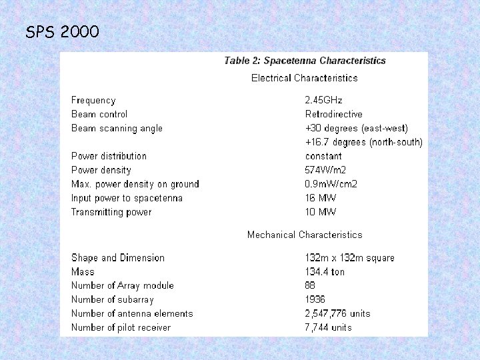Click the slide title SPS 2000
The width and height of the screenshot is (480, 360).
(x=62, y=31)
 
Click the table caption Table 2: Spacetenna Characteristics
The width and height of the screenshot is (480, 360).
(x=305, y=61)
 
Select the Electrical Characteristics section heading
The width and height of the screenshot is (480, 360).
(x=304, y=78)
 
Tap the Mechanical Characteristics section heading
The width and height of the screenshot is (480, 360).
(x=305, y=235)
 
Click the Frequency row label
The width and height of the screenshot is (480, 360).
(x=93, y=100)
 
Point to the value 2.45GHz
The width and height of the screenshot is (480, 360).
(x=323, y=100)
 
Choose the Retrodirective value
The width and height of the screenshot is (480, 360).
(x=333, y=114)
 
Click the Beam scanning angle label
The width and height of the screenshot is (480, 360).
(x=117, y=128)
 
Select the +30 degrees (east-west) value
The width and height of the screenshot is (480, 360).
(x=356, y=128)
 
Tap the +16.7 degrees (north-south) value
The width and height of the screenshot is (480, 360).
(x=363, y=142)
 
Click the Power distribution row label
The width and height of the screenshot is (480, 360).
(x=109, y=156)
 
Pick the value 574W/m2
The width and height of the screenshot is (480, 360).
(x=325, y=170)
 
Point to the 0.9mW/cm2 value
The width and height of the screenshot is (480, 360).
(x=331, y=184)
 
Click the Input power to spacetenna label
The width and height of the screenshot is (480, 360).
(x=127, y=198)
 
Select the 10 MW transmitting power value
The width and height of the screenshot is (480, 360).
(x=320, y=212)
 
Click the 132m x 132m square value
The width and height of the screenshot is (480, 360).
(x=349, y=258)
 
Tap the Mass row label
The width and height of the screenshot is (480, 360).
(x=83, y=272)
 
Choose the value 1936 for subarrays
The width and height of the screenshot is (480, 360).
(x=315, y=299)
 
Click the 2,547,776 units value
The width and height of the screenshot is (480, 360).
(x=337, y=313)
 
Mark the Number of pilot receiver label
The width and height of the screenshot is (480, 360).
(x=121, y=327)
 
